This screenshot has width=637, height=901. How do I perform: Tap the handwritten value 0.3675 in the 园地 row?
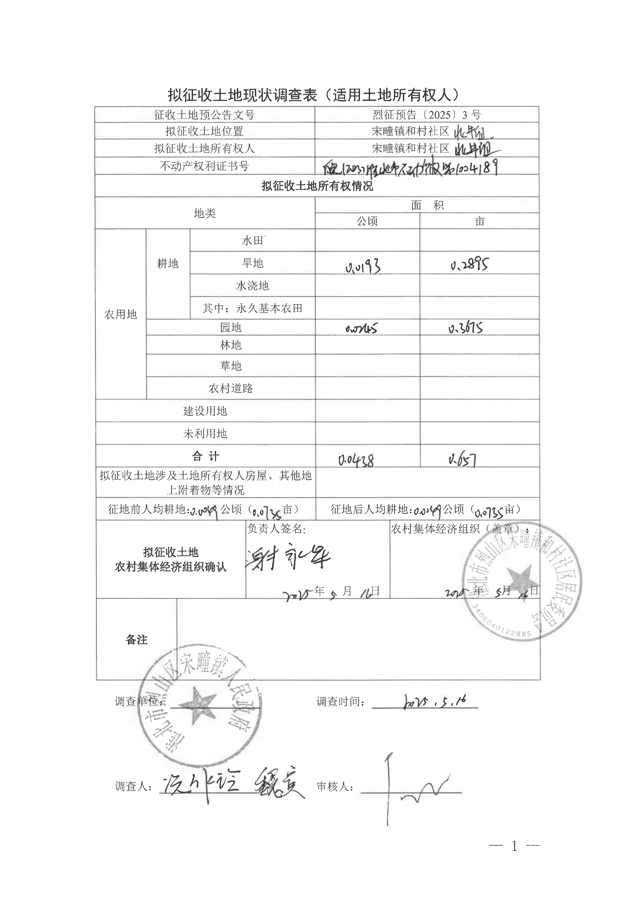click(466, 328)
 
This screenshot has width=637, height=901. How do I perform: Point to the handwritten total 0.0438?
click(356, 459)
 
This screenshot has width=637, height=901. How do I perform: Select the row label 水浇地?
click(252, 286)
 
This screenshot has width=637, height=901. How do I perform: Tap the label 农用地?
click(121, 314)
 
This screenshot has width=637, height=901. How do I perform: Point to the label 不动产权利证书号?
click(204, 166)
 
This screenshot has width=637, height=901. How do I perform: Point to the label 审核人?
click(335, 786)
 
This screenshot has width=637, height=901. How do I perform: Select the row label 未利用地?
click(205, 434)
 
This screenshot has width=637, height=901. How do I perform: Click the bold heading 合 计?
click(205, 456)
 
